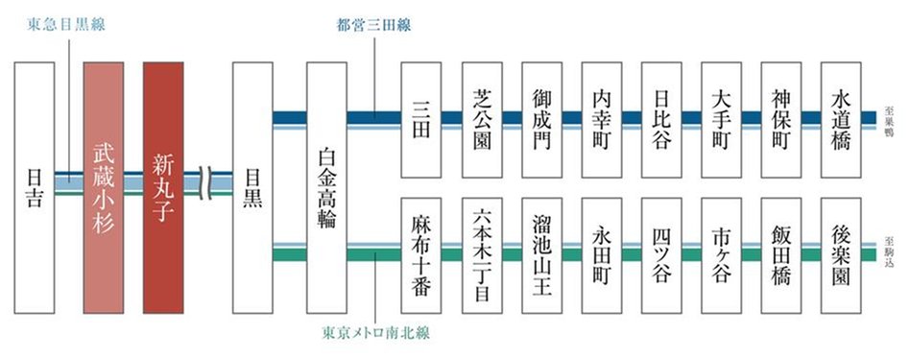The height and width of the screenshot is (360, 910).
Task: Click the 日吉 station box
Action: tap(35, 187)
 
